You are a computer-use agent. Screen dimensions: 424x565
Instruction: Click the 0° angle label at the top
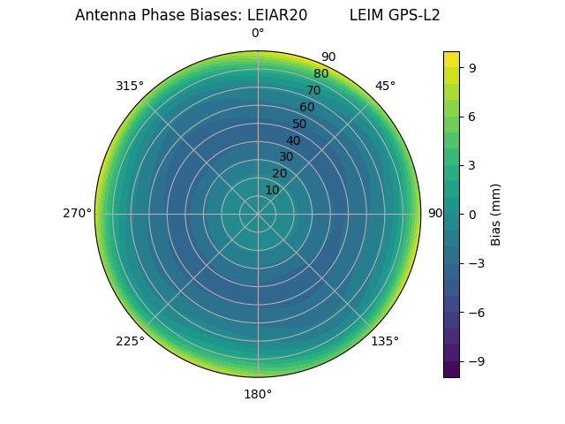[258, 34]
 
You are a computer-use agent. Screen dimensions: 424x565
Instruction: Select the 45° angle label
[385, 86]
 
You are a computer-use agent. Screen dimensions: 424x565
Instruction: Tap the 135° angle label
[385, 341]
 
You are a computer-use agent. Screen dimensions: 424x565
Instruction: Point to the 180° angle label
[258, 394]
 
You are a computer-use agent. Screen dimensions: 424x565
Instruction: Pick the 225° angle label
[130, 341]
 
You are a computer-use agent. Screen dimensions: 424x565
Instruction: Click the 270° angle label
[77, 214]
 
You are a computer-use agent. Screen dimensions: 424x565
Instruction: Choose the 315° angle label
[130, 86]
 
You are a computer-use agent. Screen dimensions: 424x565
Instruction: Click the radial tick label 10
[272, 190]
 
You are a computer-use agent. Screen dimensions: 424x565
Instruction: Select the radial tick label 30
[286, 156]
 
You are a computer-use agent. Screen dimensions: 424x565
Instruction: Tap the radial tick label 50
[299, 124]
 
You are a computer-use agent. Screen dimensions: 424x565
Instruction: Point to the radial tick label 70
[313, 90]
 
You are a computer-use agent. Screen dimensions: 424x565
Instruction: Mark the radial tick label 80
[320, 74]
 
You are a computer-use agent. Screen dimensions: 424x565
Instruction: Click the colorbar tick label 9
[473, 67]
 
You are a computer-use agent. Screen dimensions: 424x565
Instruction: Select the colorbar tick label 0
[473, 214]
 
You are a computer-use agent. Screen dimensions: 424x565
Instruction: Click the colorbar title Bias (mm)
[496, 214]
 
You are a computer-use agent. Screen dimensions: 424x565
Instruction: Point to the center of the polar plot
[258, 214]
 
